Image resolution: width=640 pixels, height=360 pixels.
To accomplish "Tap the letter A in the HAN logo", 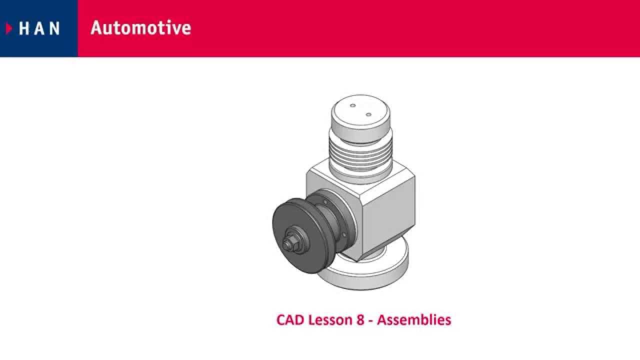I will [x=39, y=28].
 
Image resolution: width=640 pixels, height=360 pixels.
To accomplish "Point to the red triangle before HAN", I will [x=9, y=28].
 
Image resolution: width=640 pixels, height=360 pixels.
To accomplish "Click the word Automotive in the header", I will [x=140, y=28].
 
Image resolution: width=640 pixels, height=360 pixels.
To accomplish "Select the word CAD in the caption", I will [x=290, y=319].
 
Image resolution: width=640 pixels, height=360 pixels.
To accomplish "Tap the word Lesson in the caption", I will [x=330, y=319].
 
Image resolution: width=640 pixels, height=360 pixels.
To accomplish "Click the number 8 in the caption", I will [x=360, y=319].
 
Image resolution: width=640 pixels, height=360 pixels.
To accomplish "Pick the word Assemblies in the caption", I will [x=414, y=319].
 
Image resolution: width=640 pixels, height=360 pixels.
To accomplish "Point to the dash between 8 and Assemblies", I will [x=371, y=320].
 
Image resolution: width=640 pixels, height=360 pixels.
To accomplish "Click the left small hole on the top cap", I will [x=353, y=106].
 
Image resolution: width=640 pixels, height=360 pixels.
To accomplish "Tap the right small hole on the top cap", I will [x=368, y=114].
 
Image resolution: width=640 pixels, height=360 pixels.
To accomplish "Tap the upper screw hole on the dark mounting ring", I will [x=325, y=202].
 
